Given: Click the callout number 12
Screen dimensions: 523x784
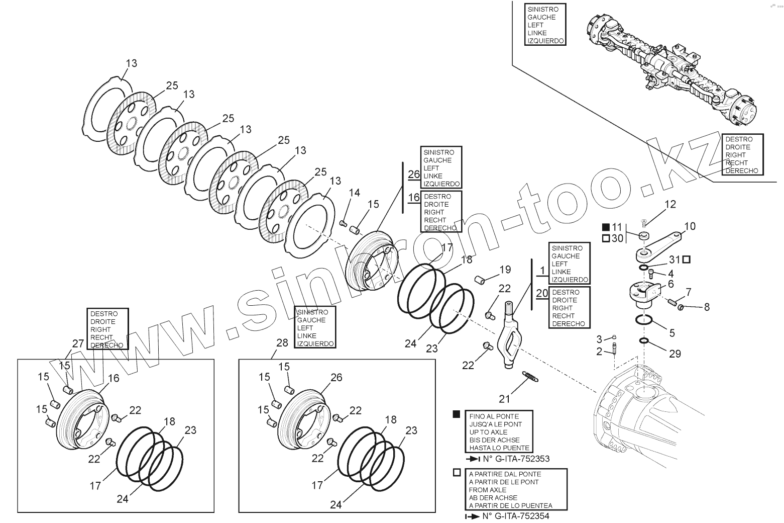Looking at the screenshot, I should (670, 204).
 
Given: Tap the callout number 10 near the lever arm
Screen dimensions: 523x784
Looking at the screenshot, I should (690, 226).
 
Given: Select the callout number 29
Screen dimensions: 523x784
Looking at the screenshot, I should (675, 354).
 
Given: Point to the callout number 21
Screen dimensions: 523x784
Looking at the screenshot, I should (504, 399).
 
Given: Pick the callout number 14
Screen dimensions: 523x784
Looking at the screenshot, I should (355, 192).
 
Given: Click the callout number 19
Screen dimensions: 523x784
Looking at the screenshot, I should (505, 270).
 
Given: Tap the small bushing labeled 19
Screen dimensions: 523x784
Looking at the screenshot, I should (480, 279).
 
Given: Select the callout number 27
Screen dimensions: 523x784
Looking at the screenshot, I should (78, 344).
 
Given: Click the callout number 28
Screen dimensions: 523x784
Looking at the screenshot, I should (282, 342).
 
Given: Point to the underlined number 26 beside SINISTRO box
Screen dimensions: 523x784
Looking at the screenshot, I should (414, 175).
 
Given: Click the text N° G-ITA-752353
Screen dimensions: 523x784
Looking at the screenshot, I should (515, 459).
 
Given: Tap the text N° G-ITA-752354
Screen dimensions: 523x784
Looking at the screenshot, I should (515, 516).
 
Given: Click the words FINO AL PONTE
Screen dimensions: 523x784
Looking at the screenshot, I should (494, 416).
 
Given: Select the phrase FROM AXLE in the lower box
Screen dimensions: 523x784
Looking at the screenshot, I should (487, 490).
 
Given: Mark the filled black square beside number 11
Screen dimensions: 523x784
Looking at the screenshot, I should (605, 227).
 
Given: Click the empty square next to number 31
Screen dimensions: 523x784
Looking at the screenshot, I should (686, 259).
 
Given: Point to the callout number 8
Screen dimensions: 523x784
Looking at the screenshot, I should (707, 307).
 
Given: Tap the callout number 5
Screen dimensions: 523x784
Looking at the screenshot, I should (671, 333).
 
